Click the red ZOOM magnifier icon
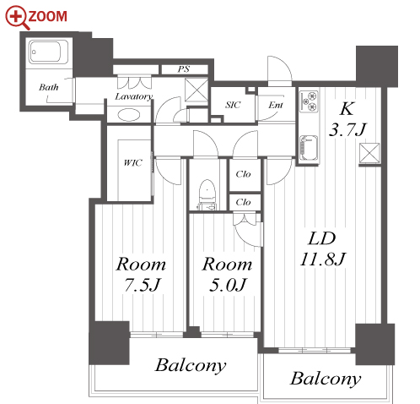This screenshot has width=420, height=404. [18, 18]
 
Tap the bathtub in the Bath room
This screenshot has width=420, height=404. [48, 52]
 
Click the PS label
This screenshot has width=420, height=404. [184, 69]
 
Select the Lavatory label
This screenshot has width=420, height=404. [133, 96]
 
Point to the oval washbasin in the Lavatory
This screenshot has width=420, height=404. [128, 115]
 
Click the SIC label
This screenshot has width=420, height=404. [233, 105]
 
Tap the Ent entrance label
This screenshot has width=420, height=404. [276, 105]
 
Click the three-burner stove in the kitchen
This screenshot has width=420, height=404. [309, 101]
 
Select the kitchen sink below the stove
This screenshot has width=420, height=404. [309, 148]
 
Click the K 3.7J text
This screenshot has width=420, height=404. [347, 119]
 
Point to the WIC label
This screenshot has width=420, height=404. [133, 162]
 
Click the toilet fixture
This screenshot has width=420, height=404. [207, 194]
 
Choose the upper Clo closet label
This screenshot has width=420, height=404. [243, 174]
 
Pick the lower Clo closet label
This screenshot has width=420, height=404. [243, 202]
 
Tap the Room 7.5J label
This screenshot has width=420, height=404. [141, 274]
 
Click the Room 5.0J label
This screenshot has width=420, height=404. [227, 274]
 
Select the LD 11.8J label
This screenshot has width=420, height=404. [322, 248]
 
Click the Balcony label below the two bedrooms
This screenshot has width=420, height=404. [191, 366]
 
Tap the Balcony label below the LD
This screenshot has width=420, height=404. [326, 379]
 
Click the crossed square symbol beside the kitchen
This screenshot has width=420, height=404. [369, 153]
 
